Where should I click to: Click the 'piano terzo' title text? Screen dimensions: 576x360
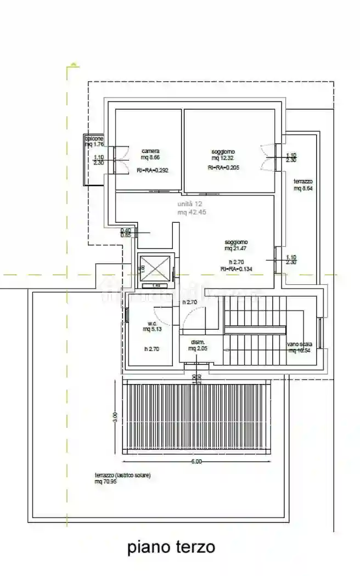(171, 547)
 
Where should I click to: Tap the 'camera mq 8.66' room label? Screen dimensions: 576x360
(150, 154)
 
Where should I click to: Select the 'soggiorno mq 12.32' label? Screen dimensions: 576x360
(223, 155)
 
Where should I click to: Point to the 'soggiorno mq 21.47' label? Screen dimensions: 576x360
(235, 245)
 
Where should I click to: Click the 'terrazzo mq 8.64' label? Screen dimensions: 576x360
(302, 184)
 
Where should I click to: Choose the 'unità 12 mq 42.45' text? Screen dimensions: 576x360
(191, 208)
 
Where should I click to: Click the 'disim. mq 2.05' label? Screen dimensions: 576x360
(197, 345)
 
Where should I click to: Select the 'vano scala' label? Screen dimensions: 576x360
(300, 347)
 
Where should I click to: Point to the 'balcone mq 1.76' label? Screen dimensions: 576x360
(94, 142)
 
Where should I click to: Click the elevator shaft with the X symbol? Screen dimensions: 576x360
(155, 269)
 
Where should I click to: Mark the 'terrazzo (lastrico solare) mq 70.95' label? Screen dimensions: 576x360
(122, 478)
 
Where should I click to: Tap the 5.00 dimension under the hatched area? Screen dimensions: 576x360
(196, 462)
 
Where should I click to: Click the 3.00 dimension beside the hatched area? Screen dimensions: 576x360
(115, 416)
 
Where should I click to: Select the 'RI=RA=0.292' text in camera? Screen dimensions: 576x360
(152, 171)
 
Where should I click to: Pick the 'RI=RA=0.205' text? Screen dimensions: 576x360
(223, 168)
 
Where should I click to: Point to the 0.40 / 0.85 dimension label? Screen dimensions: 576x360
(126, 233)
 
